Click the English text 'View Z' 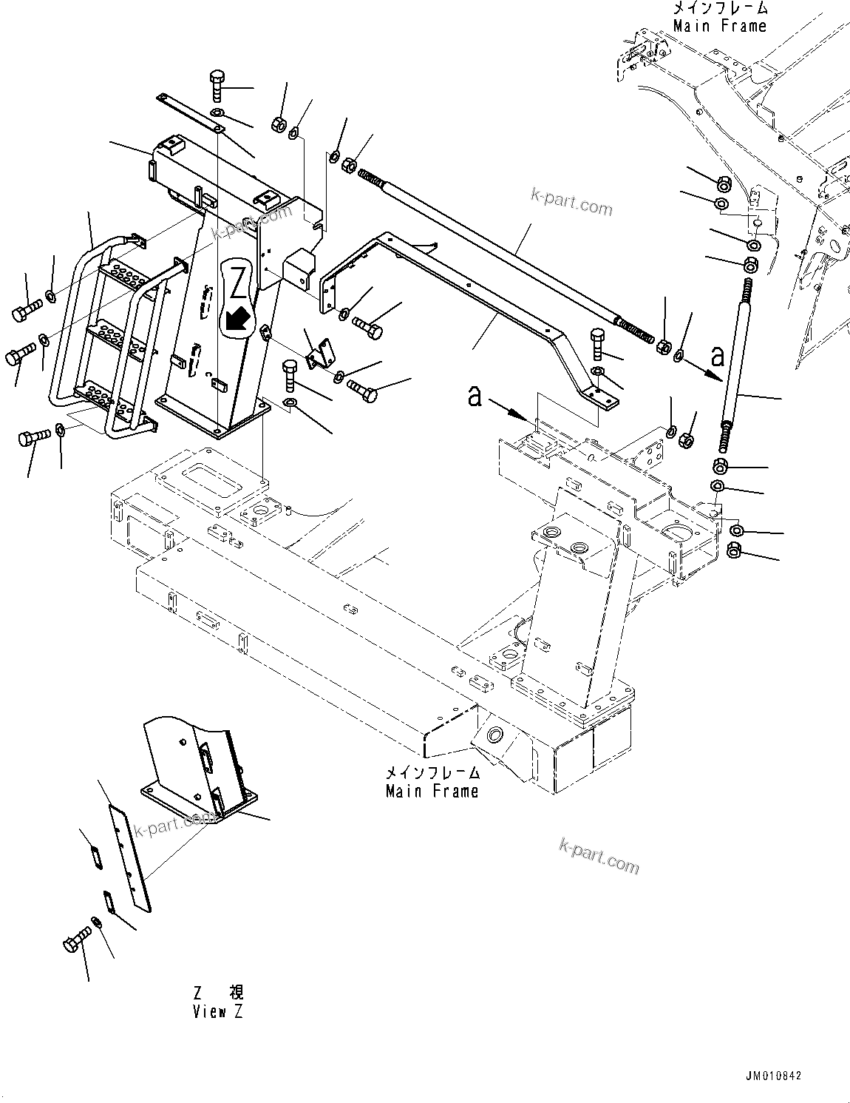[x=217, y=1012]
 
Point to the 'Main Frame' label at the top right [x=720, y=26]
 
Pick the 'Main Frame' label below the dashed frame [x=432, y=791]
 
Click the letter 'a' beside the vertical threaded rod [x=716, y=358]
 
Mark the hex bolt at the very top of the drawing [x=218, y=86]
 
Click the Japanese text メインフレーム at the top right [x=720, y=9]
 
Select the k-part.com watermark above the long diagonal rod [x=571, y=200]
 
